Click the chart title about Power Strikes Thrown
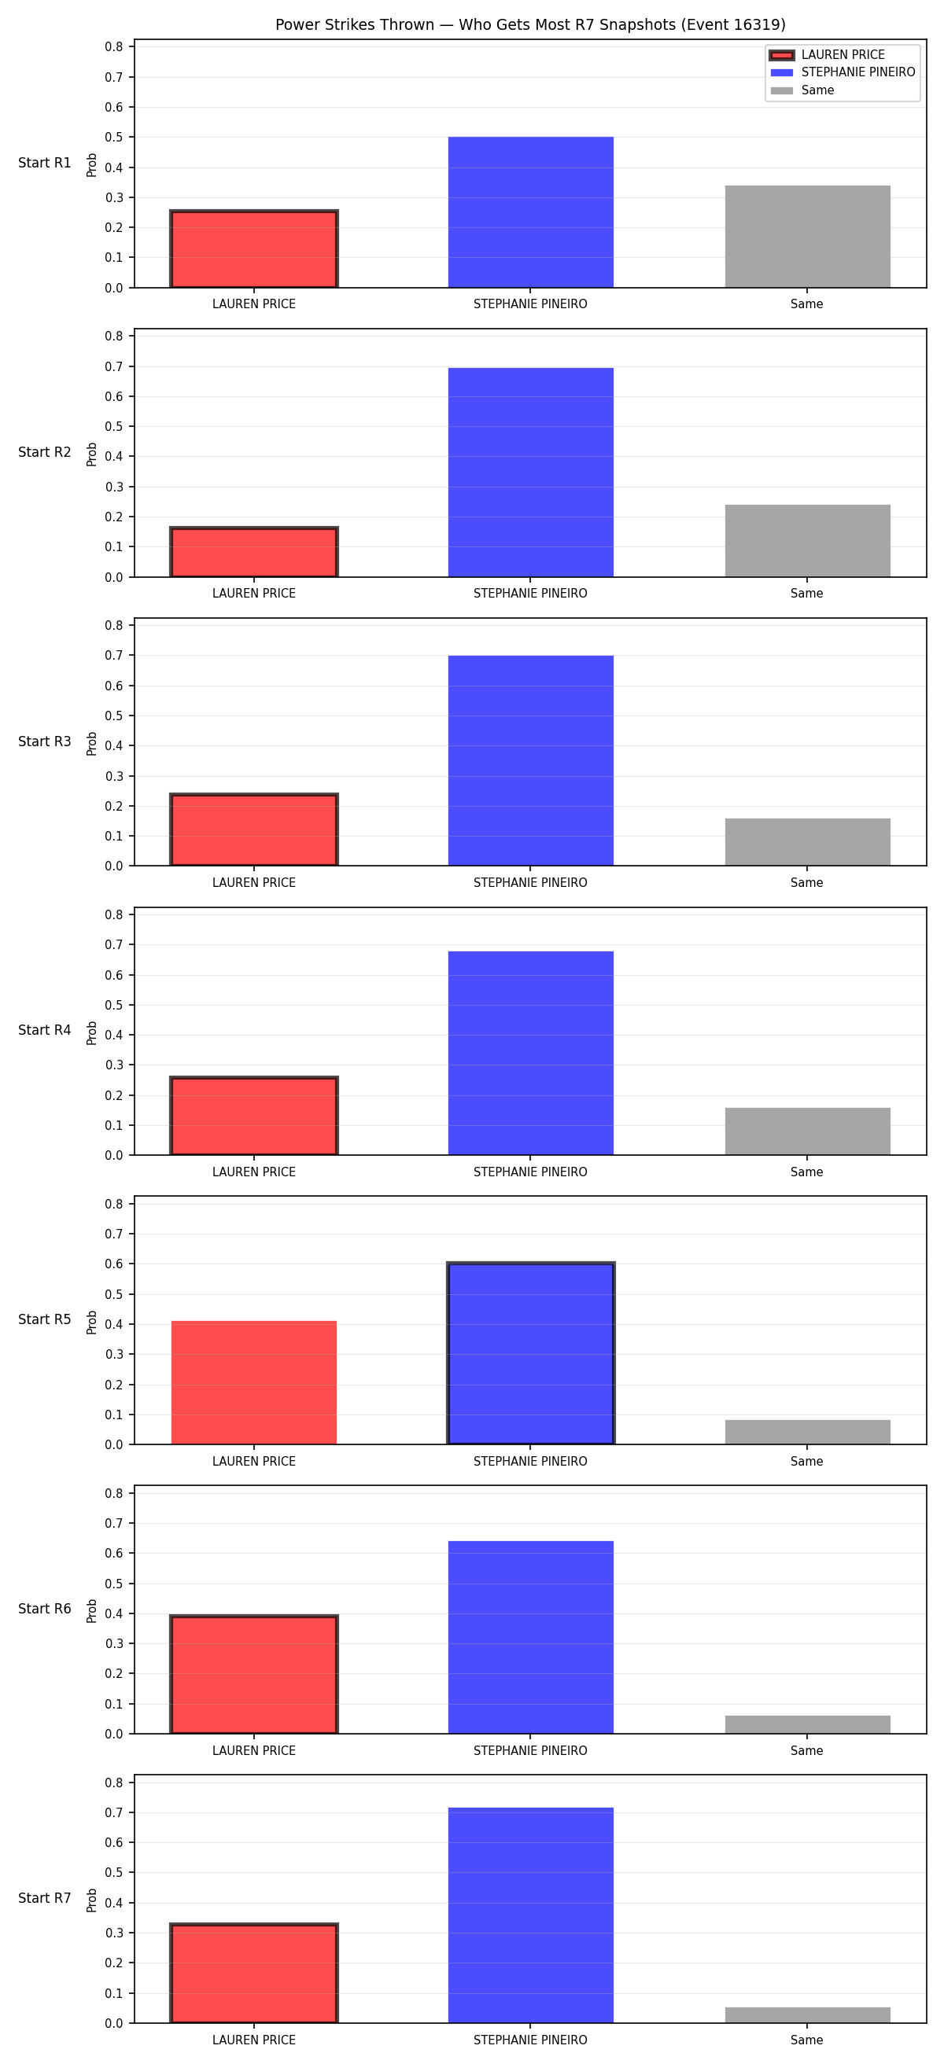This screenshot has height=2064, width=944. (529, 25)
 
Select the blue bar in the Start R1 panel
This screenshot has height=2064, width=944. (530, 212)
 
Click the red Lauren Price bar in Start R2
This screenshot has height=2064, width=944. (254, 552)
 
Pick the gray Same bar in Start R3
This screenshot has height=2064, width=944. (808, 842)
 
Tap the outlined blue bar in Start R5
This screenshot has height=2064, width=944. (530, 1354)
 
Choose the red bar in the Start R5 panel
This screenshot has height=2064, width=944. (254, 1383)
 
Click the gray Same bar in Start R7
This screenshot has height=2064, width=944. (808, 2015)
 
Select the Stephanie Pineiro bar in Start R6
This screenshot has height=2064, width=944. (530, 1638)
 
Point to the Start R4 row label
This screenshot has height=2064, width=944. (45, 1030)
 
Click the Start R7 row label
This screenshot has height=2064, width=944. (45, 1898)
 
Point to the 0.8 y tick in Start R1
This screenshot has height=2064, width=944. (114, 46)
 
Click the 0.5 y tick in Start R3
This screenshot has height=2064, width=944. (114, 716)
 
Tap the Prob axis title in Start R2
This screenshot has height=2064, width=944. (92, 454)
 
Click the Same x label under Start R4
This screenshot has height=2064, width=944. (807, 1172)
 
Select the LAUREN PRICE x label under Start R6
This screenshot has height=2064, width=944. (254, 1751)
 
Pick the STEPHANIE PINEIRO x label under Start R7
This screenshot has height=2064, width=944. (530, 2040)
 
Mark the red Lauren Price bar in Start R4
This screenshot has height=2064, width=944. (254, 1116)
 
